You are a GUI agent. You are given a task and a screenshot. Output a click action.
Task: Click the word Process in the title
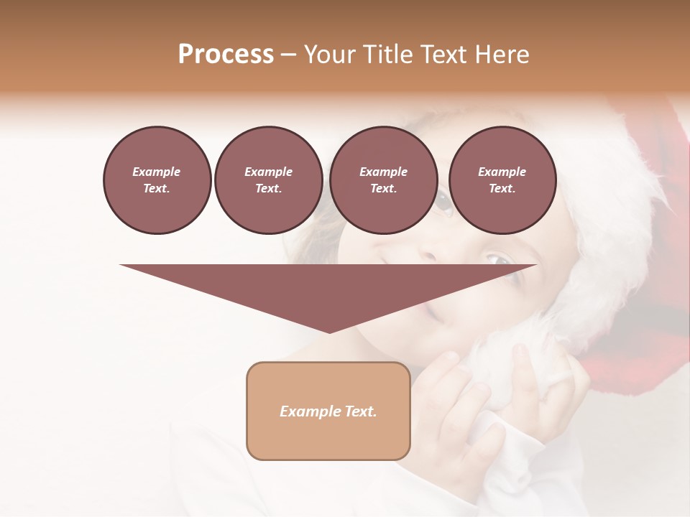pyautogui.click(x=226, y=55)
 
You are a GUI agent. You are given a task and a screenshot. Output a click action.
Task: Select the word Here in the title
pyautogui.click(x=503, y=55)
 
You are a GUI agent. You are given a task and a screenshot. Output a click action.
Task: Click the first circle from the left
pyautogui.click(x=157, y=180)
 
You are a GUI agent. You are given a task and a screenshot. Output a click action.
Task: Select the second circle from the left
pyautogui.click(x=268, y=180)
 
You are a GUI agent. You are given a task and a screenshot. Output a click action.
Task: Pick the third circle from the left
pyautogui.click(x=383, y=180)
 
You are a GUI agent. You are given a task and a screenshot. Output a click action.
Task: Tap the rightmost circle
pyautogui.click(x=502, y=180)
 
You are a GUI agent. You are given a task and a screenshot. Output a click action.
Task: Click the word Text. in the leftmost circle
pyautogui.click(x=157, y=189)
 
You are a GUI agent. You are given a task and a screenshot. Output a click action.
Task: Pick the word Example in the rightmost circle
pyautogui.click(x=502, y=172)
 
